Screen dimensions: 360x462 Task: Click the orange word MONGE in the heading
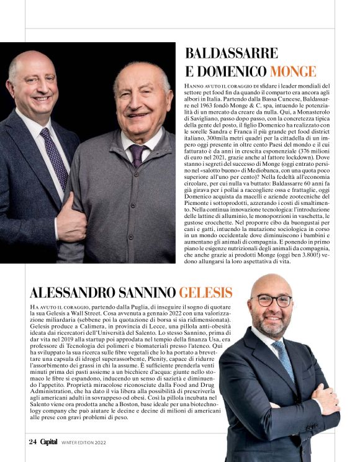tap(292, 71)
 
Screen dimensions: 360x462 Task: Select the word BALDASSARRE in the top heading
tap(231, 53)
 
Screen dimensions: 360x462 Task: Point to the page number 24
tap(32, 442)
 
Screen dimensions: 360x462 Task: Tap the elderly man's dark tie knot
tap(137, 150)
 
